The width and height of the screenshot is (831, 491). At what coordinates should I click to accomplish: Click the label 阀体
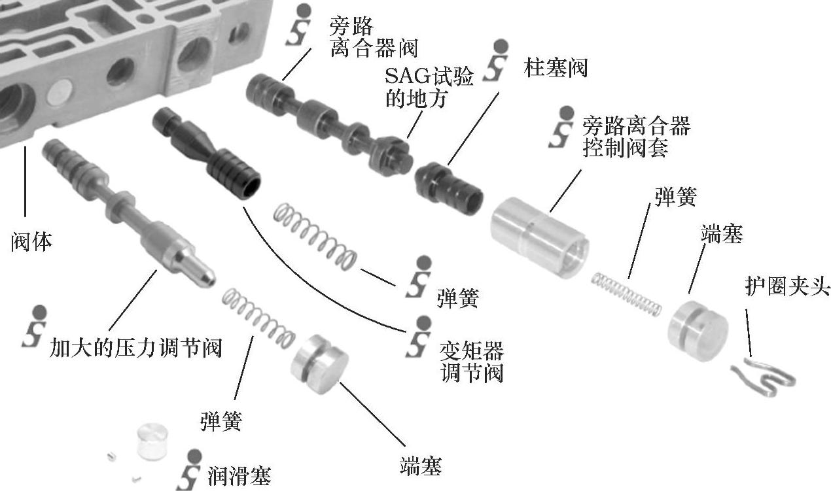pos(32,242)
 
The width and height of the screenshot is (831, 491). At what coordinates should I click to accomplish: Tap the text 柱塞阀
pos(556,68)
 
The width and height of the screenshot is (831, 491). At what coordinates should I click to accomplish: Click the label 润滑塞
pos(239,476)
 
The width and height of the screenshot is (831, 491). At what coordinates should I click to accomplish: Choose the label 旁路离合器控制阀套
pos(635,137)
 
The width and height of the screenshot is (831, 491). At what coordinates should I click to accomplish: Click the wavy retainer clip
pos(764,375)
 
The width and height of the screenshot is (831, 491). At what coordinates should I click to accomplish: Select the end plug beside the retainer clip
pos(697,331)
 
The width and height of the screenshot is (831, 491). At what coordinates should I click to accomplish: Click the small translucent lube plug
pos(152,444)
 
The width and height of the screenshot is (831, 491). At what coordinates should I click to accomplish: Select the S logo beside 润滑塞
pos(191,470)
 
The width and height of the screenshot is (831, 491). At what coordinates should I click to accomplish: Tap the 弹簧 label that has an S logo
pos(457,298)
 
